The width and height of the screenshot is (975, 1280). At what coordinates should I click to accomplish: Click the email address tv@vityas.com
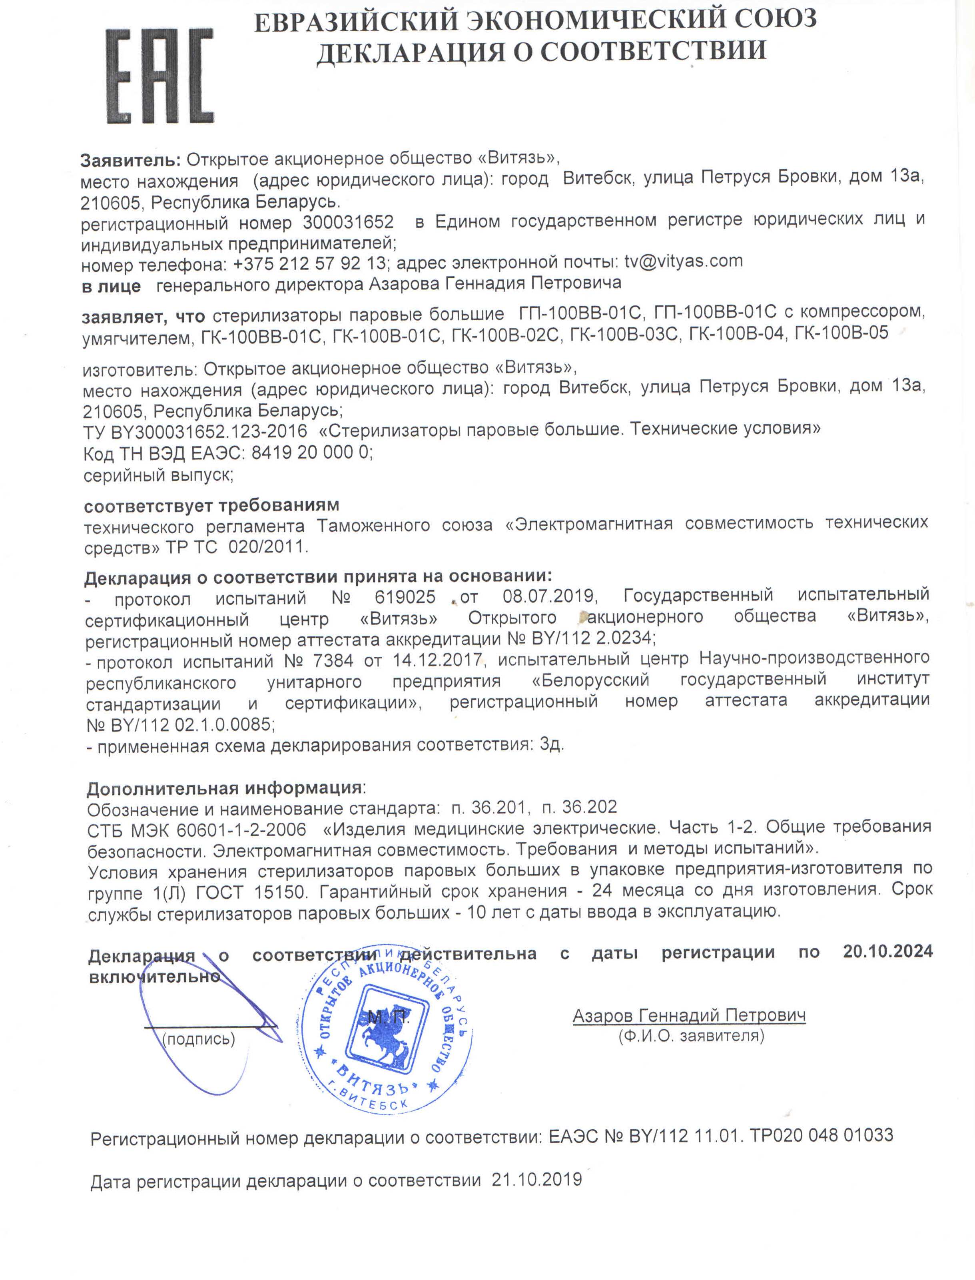point(683,261)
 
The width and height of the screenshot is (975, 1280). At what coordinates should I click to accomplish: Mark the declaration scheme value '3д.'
point(551,745)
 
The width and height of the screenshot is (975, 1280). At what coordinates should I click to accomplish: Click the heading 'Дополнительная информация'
point(225,789)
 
